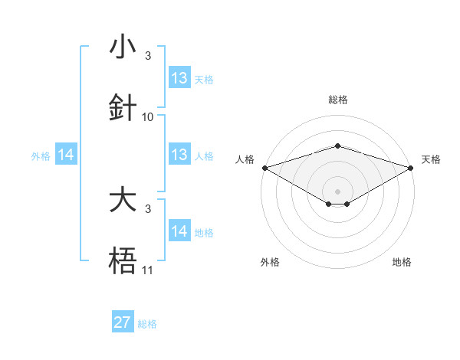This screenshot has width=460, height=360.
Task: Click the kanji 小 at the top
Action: point(123,46)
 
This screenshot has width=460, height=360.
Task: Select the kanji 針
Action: point(123,107)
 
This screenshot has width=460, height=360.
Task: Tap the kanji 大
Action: point(123,198)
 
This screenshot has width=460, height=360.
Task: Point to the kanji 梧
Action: point(123,260)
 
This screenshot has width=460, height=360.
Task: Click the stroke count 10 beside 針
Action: point(147,117)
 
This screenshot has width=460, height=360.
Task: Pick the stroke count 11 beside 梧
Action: point(147,270)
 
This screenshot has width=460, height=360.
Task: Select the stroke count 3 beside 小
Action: point(148,56)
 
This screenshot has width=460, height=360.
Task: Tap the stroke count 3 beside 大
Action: point(148,209)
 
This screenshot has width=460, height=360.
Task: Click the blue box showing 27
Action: point(123,321)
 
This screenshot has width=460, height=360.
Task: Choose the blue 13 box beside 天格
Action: point(180,77)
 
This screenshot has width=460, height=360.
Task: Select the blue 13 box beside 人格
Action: point(180,154)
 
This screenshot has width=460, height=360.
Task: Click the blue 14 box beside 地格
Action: point(180,230)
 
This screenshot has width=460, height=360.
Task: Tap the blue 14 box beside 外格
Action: point(66,154)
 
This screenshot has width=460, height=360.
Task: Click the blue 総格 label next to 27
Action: point(147,324)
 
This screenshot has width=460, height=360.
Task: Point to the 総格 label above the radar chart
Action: point(338,100)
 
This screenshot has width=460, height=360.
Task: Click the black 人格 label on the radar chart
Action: point(245,159)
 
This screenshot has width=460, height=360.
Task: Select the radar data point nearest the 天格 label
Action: point(411,168)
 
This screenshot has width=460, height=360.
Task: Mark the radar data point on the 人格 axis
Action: point(265,168)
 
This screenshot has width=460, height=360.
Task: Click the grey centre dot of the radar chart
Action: point(337,191)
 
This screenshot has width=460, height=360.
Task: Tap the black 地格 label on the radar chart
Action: point(402,262)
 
